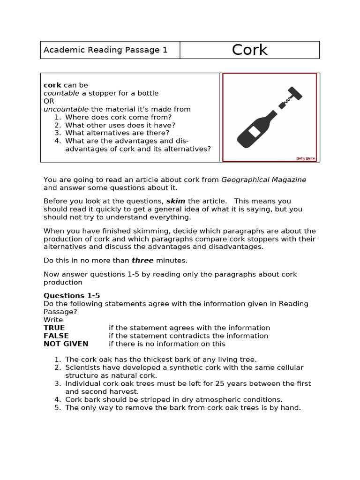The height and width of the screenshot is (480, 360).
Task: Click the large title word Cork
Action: [249, 50]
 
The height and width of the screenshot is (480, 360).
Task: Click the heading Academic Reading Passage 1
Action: [105, 50]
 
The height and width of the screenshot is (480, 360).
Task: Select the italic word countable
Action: [61, 93]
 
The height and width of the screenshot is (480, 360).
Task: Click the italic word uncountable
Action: [66, 109]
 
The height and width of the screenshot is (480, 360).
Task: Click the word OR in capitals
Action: [49, 101]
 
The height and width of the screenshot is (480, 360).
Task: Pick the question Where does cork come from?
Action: [118, 117]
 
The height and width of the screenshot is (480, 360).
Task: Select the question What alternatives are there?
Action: [117, 133]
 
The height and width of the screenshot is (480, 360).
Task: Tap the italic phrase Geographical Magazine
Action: [263, 180]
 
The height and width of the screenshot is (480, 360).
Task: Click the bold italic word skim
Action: [176, 201]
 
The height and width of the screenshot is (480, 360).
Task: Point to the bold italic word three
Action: [142, 261]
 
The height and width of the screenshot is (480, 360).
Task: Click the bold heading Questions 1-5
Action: [72, 296]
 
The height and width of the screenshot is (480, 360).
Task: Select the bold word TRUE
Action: [54, 328]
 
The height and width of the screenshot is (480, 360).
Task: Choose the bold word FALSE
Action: [56, 336]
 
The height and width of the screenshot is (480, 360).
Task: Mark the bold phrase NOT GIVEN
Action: [66, 344]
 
